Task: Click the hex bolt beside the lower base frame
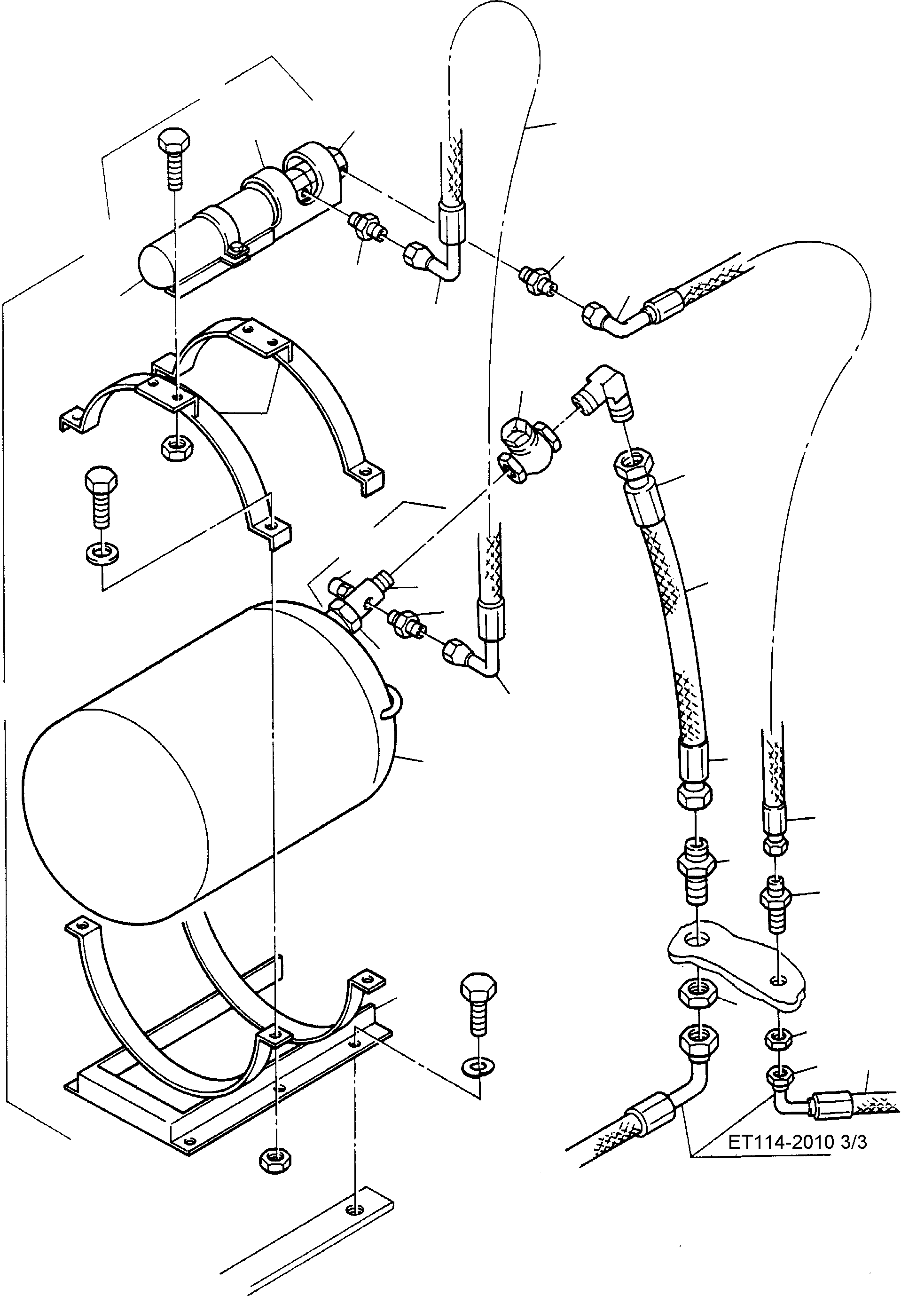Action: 478,1002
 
